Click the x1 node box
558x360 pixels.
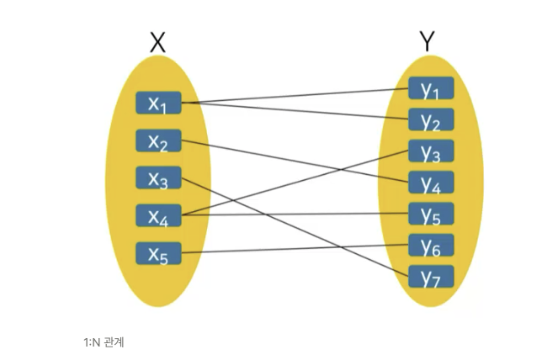tap(157, 103)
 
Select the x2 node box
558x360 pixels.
tap(157, 141)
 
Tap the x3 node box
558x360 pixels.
tap(157, 178)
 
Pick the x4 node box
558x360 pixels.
tap(157, 216)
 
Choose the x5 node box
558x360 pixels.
tap(157, 253)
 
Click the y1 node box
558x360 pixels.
tap(431, 88)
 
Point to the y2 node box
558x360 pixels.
tap(431, 119)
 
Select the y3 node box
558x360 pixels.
tap(431, 151)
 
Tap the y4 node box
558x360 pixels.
tap(431, 183)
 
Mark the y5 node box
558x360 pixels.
tap(431, 214)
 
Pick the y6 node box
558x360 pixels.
tap(431, 245)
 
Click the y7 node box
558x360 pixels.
tap(431, 276)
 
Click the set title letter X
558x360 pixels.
tap(157, 42)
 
